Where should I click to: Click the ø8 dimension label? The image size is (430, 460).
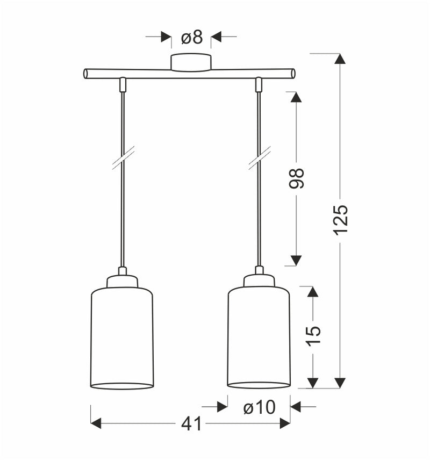pos(191,37)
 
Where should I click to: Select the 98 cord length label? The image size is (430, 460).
pos(296,178)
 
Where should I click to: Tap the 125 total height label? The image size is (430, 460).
pos(340,219)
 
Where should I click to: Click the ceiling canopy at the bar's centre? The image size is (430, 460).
pos(191,62)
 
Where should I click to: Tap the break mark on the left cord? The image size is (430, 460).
pos(123,158)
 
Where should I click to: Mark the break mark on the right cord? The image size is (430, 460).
pos(259,158)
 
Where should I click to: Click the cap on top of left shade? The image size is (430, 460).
pos(123,281)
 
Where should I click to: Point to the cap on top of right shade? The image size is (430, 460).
pos(259,281)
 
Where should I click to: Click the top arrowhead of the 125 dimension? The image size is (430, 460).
pos(340,59)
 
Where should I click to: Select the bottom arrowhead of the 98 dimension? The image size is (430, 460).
pos(296,261)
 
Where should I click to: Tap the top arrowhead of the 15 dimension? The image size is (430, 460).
pos(313,292)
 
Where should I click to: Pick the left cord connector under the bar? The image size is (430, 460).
pos(123,84)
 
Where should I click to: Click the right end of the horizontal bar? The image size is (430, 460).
pos(292,74)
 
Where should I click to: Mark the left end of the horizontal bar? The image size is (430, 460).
pos(87,74)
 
